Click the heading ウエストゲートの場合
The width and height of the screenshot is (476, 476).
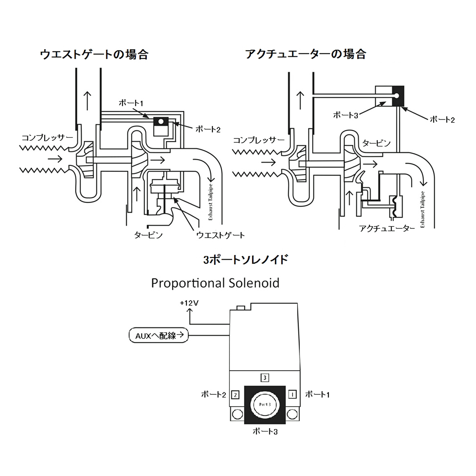[94, 54]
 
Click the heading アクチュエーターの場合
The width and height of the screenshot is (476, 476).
[305, 54]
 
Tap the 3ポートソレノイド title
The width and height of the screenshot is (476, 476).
[245, 260]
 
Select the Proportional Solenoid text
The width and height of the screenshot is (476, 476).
[215, 283]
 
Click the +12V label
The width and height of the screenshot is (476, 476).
[189, 303]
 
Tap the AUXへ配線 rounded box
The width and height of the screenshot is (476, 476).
[159, 336]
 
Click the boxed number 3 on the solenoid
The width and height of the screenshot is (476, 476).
[265, 377]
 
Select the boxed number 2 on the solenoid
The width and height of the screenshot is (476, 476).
[235, 395]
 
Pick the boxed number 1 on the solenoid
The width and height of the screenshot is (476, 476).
[292, 394]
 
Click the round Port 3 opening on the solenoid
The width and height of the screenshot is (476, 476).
[265, 405]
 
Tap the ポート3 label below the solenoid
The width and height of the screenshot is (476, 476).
[265, 431]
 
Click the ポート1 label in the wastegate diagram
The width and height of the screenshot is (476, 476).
[131, 103]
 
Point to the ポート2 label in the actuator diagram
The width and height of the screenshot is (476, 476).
[442, 120]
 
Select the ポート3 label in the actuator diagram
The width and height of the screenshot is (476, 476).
[345, 115]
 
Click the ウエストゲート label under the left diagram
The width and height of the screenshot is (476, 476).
[220, 235]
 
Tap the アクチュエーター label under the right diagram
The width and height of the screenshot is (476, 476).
[387, 228]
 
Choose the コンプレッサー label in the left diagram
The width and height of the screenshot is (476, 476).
[47, 138]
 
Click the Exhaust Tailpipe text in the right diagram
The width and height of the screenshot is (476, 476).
[423, 209]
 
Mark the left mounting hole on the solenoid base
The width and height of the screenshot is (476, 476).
[237, 414]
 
